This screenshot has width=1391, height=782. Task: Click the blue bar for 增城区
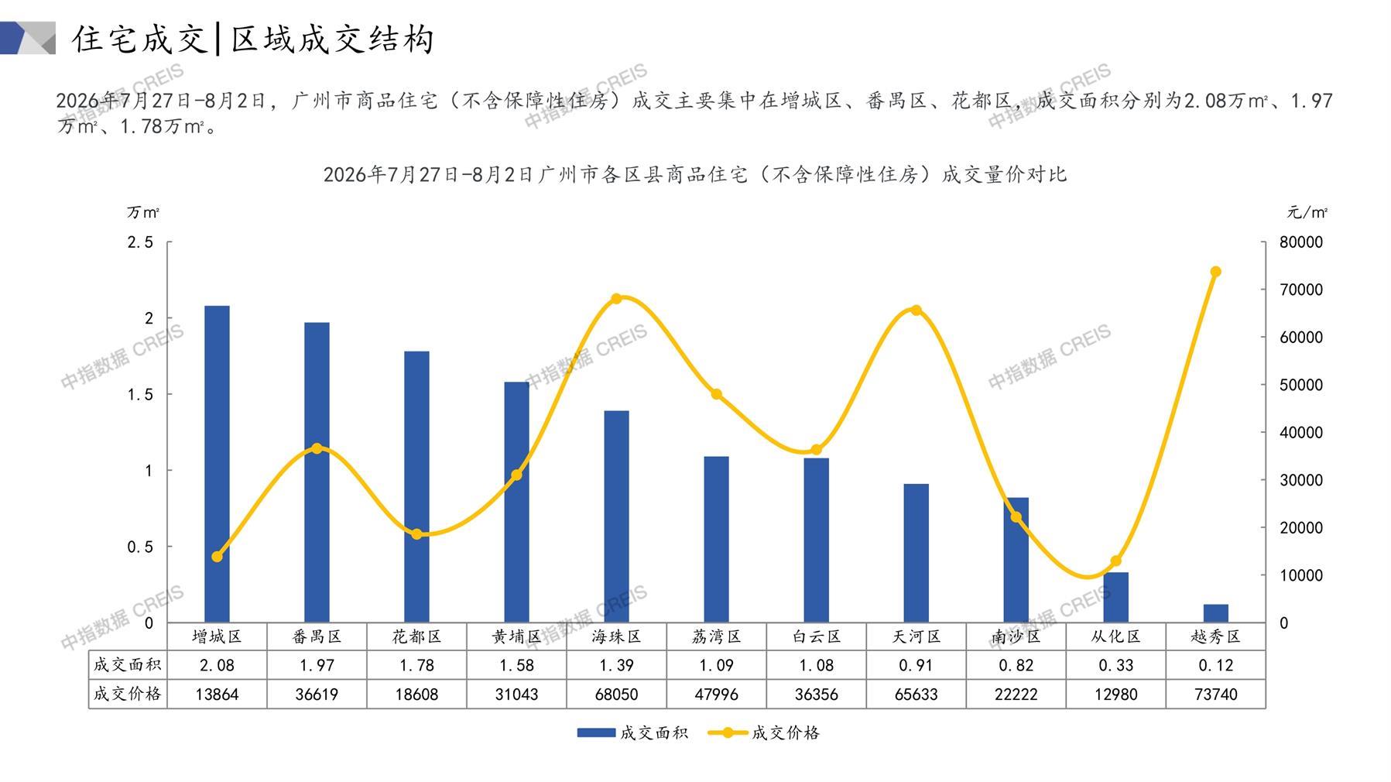tap(217, 464)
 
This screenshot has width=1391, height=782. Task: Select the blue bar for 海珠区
tap(616, 516)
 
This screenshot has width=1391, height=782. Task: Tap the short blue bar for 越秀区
tap(1215, 613)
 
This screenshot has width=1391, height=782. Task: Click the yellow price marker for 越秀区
tap(1215, 272)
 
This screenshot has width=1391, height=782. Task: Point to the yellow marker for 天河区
tap(916, 310)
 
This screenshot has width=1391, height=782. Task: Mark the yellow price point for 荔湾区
tap(716, 394)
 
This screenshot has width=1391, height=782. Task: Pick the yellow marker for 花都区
tap(416, 534)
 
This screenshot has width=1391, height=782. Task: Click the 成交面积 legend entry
tap(632, 732)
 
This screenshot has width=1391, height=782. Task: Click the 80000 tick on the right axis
tap(1301, 242)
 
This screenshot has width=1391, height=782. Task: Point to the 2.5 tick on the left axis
tap(140, 242)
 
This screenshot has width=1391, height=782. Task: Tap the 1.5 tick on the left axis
tap(140, 394)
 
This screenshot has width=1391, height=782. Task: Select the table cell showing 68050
tap(616, 695)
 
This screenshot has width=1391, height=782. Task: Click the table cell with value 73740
tap(1215, 695)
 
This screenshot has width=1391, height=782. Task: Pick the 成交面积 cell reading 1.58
tap(516, 665)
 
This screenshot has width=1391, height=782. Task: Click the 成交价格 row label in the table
tap(128, 694)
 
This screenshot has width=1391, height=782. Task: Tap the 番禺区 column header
tap(317, 636)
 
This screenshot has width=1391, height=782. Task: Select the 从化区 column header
tap(1115, 636)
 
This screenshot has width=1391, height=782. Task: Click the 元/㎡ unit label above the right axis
tap(1307, 212)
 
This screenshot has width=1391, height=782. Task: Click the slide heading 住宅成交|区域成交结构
tap(253, 39)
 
